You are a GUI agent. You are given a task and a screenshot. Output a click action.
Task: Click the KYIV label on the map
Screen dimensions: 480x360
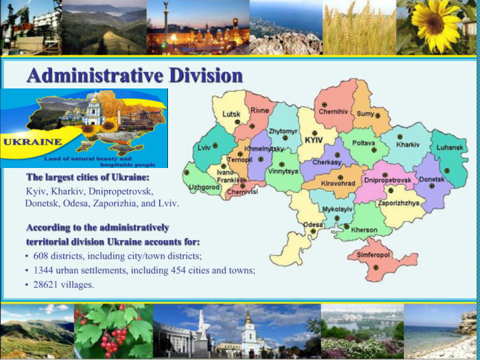tap(314, 140)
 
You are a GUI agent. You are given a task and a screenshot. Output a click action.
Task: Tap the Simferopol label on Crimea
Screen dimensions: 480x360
tap(369, 254)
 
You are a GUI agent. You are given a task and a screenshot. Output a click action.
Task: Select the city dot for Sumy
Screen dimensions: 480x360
tap(378, 116)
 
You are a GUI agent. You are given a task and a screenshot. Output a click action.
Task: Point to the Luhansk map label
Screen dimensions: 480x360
tap(450, 147)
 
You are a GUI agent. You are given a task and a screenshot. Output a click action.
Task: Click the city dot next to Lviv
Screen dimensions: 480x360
tap(215, 145)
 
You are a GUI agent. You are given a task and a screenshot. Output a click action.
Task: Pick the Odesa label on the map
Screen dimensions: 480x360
tap(313, 225)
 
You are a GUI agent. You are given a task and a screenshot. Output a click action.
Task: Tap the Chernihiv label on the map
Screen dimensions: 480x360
tap(333, 112)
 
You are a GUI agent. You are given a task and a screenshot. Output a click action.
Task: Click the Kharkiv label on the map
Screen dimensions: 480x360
tap(408, 145)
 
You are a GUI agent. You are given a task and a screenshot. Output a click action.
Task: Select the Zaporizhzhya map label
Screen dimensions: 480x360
tap(398, 203)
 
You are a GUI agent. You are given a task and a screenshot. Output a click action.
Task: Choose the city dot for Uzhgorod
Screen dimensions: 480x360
tap(187, 173)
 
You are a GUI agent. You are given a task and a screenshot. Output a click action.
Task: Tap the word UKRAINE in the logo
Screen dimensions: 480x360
tap(32, 143)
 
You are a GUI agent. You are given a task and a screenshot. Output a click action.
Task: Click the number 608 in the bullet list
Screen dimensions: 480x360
tap(40, 256)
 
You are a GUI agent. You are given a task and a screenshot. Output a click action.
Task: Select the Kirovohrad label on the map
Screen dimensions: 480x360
tap(338, 184)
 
